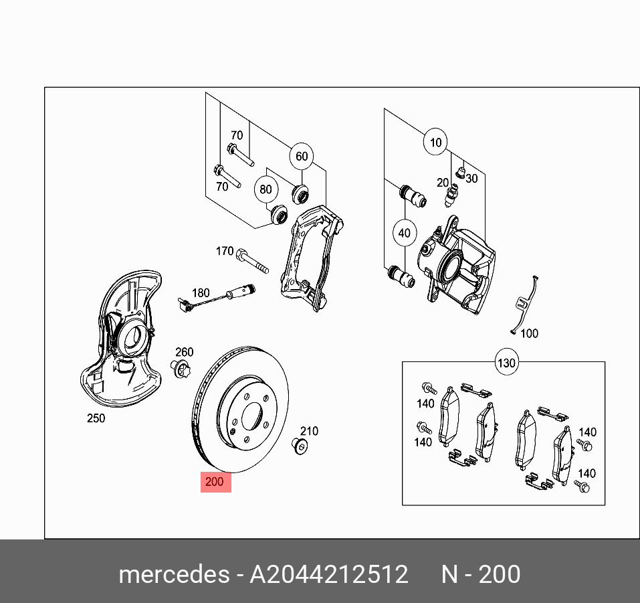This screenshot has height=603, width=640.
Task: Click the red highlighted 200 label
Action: [x=215, y=482]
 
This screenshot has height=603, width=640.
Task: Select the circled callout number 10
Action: [x=436, y=143]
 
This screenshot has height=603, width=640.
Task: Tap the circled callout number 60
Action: [x=302, y=157]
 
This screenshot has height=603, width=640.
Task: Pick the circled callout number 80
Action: [x=266, y=189]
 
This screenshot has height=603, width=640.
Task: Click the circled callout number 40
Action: [x=404, y=234]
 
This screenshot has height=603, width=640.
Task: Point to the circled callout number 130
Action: [x=506, y=363]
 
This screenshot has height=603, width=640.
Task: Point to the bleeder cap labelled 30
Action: [x=459, y=173]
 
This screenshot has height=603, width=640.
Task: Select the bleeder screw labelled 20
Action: [x=453, y=195]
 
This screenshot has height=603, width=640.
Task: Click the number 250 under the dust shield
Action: [x=96, y=419]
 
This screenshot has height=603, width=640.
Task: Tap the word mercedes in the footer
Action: [x=173, y=574]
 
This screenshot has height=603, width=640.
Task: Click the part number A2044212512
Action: [x=328, y=574]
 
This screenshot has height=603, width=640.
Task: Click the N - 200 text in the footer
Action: [x=480, y=574]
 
